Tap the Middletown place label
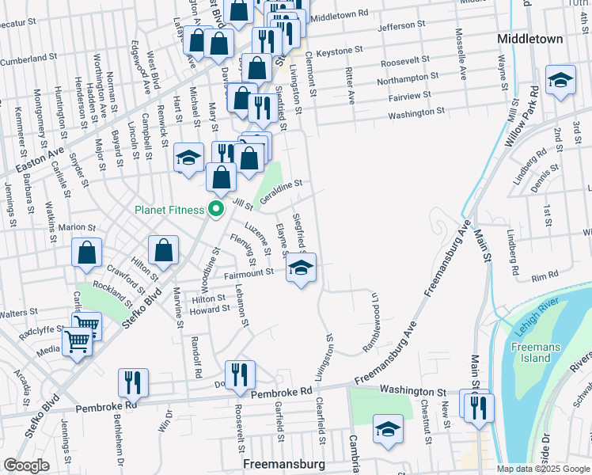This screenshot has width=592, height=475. [x=530, y=38]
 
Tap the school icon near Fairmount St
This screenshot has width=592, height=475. [x=301, y=268]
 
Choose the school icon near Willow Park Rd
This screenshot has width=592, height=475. [x=560, y=80]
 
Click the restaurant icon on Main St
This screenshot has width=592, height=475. [x=478, y=408]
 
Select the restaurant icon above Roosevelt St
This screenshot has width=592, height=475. [x=240, y=374]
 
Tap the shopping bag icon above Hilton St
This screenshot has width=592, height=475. [x=163, y=251]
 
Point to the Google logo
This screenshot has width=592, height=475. [x=26, y=465]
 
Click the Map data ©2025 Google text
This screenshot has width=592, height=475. [x=543, y=469]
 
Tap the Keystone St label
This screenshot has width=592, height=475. [x=339, y=51]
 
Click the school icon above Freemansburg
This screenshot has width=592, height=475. [x=387, y=429]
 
